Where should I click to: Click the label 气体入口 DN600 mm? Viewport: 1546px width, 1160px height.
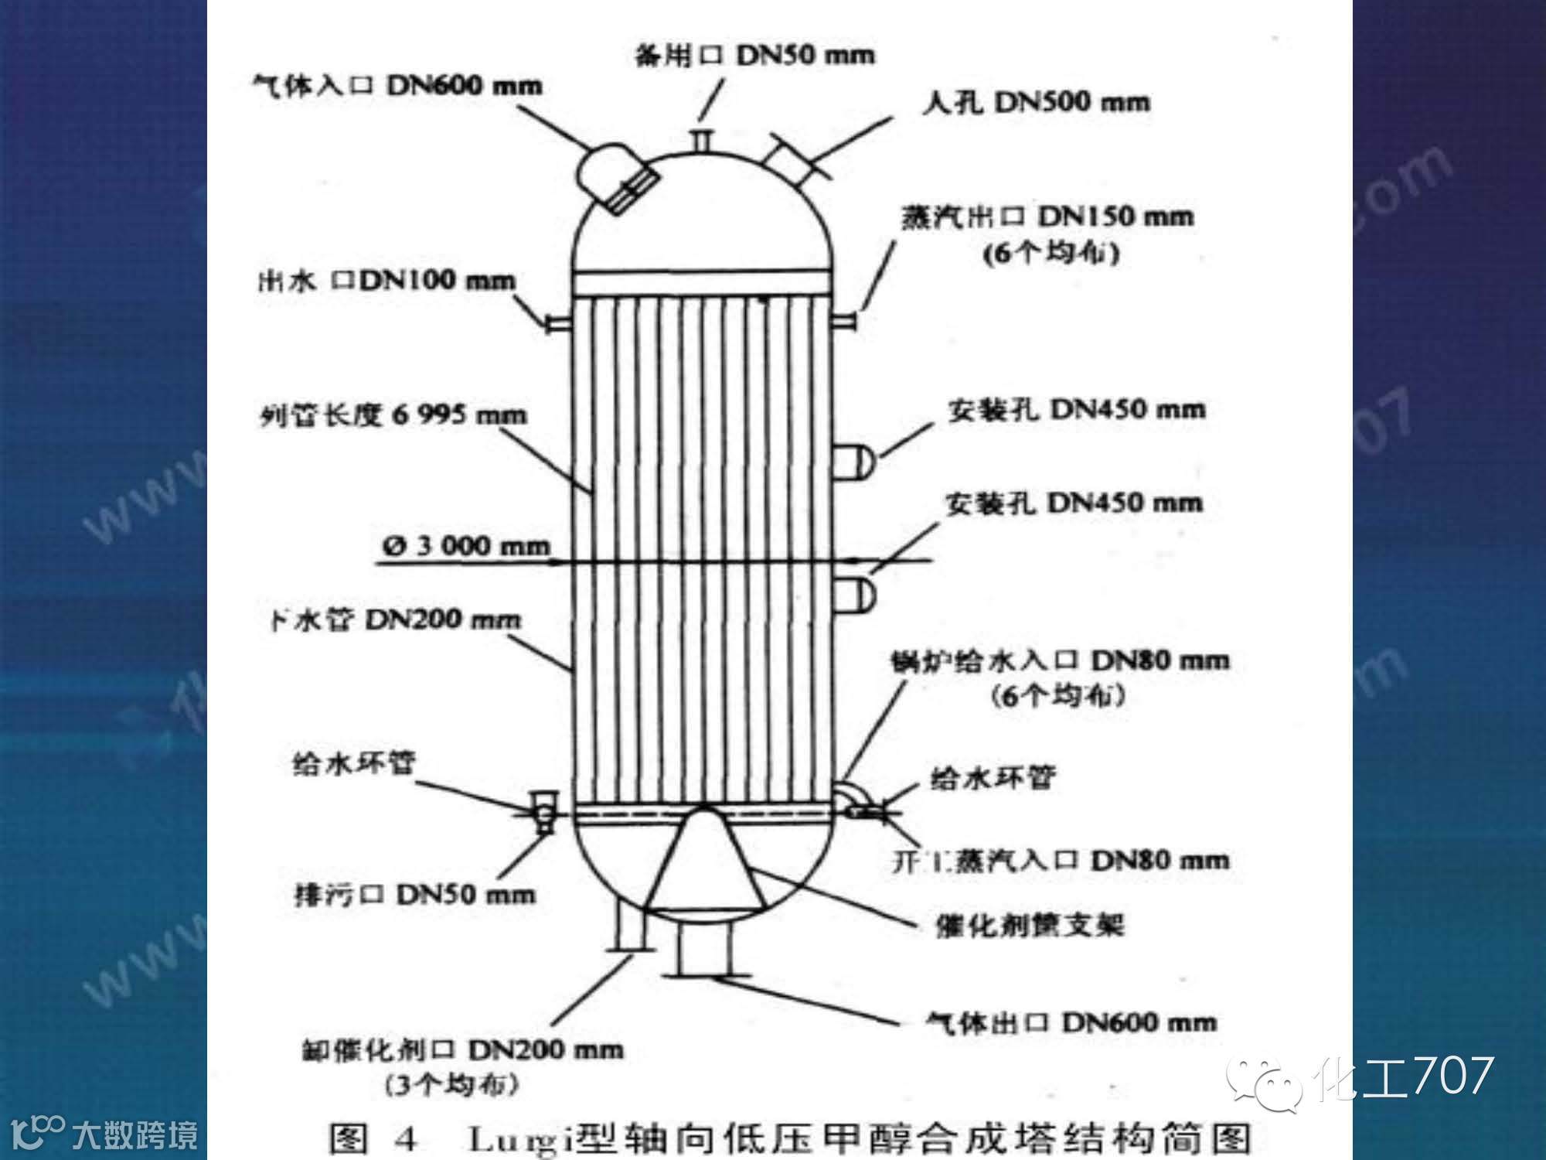tap(398, 84)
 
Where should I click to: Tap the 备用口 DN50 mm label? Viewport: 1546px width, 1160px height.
tap(754, 56)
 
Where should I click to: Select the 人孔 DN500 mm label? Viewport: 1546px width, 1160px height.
tap(1035, 102)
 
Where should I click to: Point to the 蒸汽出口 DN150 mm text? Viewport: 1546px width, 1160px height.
tap(1047, 217)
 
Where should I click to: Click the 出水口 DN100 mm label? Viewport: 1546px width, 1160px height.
tap(386, 280)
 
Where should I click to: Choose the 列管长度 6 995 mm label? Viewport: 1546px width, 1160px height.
tap(393, 416)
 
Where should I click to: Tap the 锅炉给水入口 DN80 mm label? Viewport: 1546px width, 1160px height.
tap(1060, 661)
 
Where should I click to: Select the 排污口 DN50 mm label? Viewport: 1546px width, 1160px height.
tap(414, 896)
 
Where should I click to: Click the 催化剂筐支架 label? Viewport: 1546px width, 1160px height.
tap(1029, 925)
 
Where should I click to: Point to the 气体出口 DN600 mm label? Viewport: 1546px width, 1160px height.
tap(1071, 1023)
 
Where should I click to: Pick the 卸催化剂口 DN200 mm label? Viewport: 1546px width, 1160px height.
tap(461, 1050)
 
